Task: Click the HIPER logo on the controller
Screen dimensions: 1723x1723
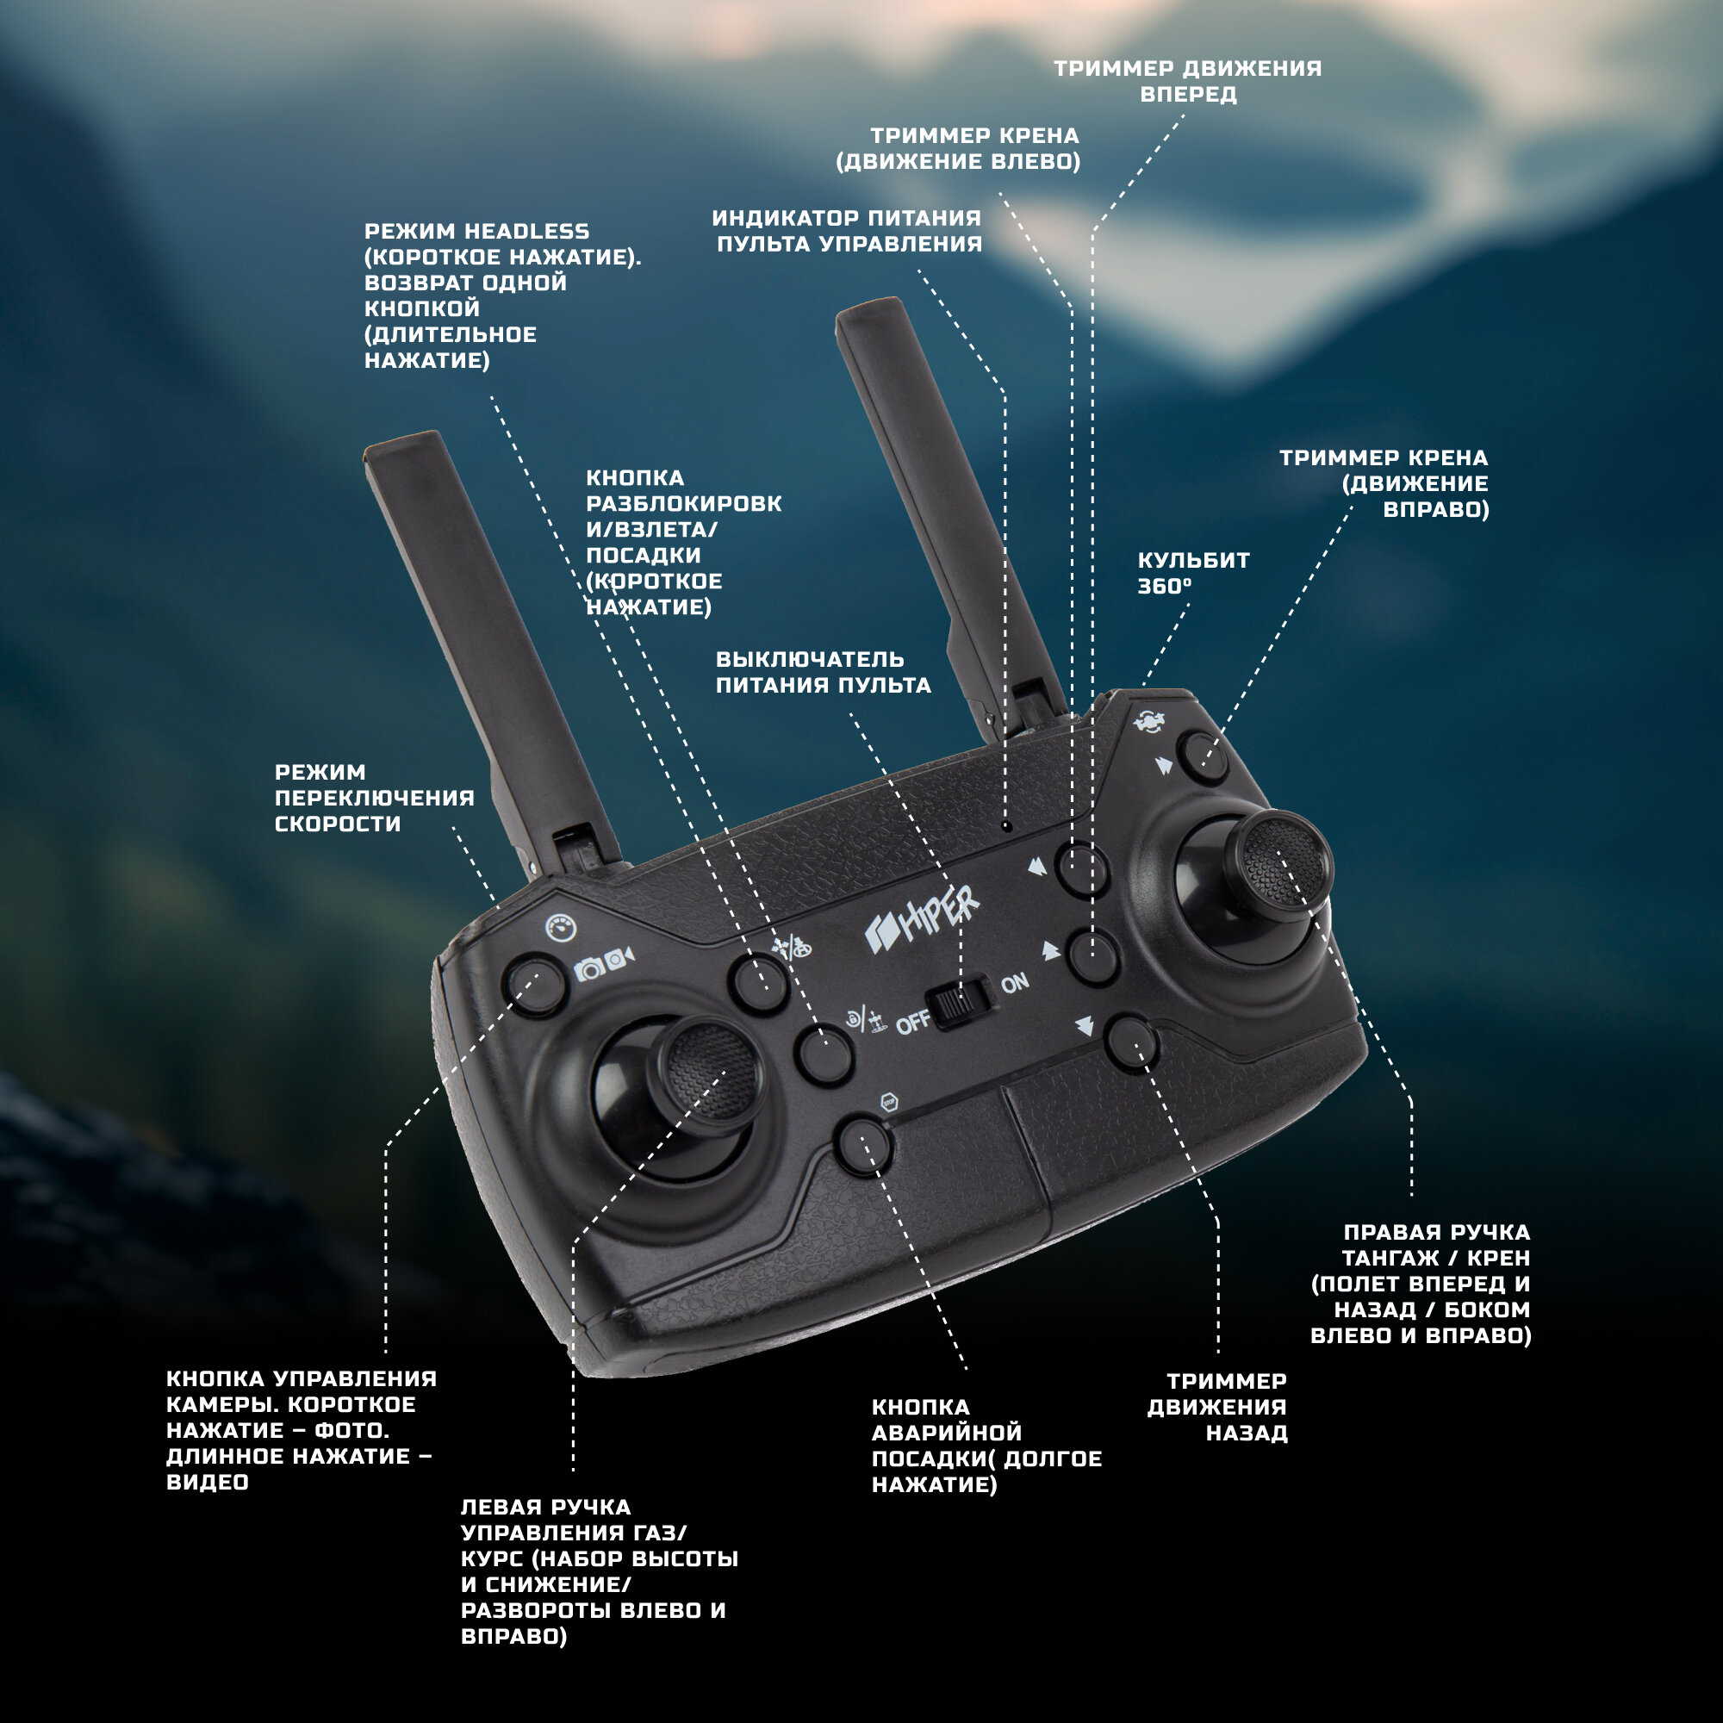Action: click(x=923, y=920)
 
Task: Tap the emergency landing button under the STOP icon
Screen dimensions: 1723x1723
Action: click(x=863, y=1146)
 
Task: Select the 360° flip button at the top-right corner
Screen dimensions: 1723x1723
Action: click(x=1202, y=757)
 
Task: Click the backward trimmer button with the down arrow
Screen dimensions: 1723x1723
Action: click(x=1131, y=1042)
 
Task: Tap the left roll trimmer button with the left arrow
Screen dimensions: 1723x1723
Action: click(x=1082, y=868)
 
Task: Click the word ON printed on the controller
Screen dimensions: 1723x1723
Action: click(x=1015, y=983)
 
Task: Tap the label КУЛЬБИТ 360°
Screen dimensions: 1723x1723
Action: click(x=1193, y=573)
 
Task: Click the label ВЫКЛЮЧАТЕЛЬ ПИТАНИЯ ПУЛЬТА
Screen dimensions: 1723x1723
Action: click(x=823, y=672)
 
